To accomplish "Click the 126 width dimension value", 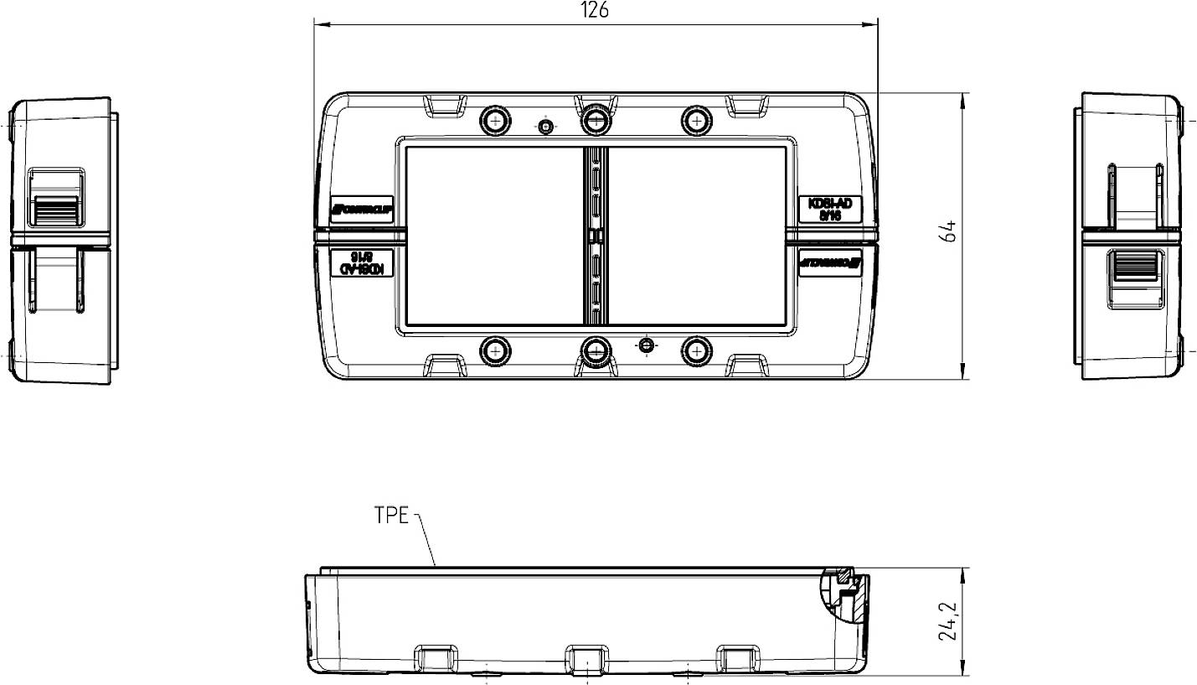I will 595,10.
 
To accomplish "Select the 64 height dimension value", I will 947,232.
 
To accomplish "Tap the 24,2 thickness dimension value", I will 947,621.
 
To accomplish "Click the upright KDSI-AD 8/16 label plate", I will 829,209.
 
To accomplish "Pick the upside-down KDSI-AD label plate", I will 360,262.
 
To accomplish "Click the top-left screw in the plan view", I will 495,122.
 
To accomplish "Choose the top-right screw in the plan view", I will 694,122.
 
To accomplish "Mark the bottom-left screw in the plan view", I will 495,349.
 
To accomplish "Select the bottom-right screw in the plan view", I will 694,349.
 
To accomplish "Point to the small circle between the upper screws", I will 545,127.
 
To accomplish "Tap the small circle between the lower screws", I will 645,345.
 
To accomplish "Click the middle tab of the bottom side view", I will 587,656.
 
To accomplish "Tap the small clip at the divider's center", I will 595,236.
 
